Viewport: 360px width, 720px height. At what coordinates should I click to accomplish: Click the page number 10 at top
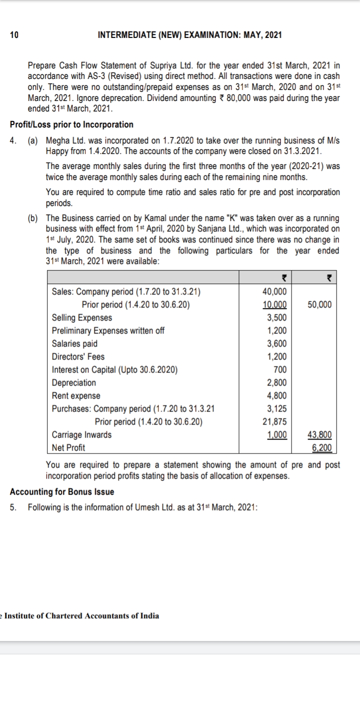(14, 35)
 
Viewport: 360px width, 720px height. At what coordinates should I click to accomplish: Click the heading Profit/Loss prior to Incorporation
(71, 124)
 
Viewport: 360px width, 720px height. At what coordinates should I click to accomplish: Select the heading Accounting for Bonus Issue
(62, 491)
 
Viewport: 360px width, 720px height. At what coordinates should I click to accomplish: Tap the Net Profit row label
(68, 447)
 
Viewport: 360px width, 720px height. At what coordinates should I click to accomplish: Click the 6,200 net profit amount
(321, 447)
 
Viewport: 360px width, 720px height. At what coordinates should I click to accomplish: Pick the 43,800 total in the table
(320, 434)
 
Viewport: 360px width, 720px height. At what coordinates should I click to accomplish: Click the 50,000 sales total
(320, 305)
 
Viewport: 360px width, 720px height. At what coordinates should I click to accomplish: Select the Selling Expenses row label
(82, 318)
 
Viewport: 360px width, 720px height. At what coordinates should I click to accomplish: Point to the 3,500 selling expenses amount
(276, 318)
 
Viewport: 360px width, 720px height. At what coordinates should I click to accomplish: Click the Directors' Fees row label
(78, 356)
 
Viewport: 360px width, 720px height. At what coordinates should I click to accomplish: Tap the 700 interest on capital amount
(280, 369)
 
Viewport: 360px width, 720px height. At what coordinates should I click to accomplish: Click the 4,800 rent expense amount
(276, 395)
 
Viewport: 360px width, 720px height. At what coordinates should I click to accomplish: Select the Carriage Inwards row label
(82, 434)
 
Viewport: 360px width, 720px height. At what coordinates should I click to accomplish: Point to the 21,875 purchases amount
(274, 421)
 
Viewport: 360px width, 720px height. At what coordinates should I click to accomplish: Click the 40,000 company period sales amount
(274, 292)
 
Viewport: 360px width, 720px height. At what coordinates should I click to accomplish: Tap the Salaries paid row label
(75, 343)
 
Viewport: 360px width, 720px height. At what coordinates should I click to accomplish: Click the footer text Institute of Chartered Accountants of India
(82, 616)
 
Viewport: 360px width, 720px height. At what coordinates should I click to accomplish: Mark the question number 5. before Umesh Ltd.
(13, 507)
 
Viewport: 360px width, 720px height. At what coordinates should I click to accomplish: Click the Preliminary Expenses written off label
(108, 330)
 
